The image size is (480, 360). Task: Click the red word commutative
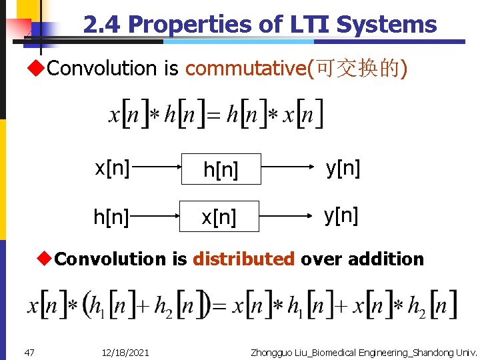245,68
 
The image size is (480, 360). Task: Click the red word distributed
244,259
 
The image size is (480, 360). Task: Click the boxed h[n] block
220,170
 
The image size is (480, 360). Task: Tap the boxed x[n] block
219,217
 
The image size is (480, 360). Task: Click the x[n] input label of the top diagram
112,168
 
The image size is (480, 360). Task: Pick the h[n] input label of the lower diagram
111,216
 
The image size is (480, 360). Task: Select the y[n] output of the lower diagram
341,215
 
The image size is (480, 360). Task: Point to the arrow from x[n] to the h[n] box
155,169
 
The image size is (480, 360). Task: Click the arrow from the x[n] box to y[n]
287,216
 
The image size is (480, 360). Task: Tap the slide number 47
29,352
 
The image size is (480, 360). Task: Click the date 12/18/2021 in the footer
126,352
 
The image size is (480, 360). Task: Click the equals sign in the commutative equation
212,115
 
